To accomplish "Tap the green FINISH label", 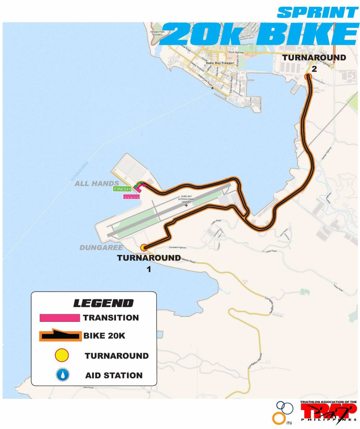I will click(122, 188).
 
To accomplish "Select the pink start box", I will click(132, 197).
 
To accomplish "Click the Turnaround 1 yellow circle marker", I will click(144, 248).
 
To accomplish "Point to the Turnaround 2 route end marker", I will click(308, 76).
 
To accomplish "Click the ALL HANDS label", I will click(96, 184).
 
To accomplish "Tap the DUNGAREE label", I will click(101, 248).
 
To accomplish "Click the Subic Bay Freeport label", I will click(219, 63).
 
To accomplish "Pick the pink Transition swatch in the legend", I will click(60, 318).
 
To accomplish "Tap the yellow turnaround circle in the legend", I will click(62, 355).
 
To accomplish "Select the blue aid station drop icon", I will click(62, 375).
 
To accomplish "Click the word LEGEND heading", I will click(103, 303).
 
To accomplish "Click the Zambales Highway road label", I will click(178, 247).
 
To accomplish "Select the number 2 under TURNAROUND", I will click(314, 69).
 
